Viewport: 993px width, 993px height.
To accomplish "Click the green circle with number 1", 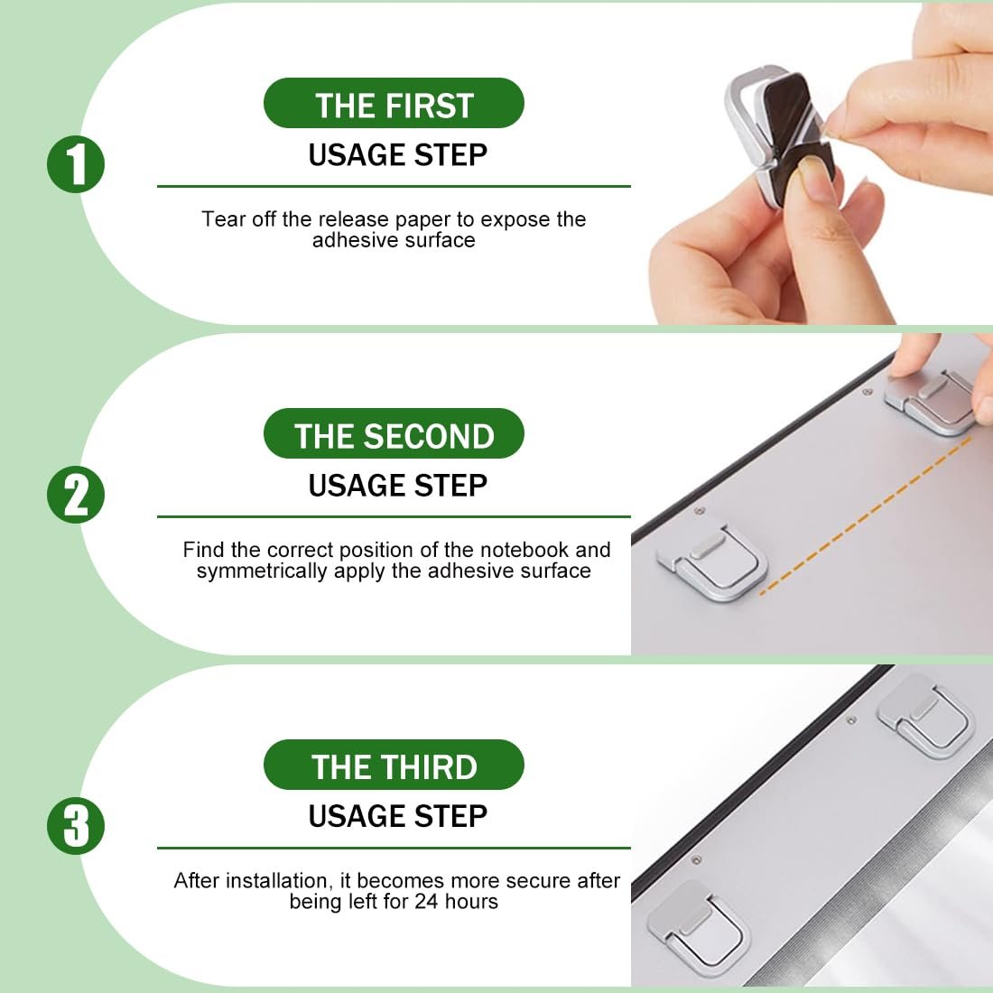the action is [76, 164].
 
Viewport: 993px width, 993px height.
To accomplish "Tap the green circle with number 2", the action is [76, 495].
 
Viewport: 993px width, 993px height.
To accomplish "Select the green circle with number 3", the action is [76, 826].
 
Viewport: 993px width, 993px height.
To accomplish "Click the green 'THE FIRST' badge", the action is [394, 103].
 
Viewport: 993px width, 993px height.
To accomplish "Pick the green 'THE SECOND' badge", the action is [394, 434].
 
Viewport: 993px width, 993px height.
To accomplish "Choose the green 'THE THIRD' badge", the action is [394, 765].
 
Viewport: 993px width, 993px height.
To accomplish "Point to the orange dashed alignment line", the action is [865, 515].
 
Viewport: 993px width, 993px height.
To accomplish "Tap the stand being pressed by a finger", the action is [931, 400].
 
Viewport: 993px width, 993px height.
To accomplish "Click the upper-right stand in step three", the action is [925, 717].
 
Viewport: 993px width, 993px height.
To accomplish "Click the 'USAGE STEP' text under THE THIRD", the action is [398, 816].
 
